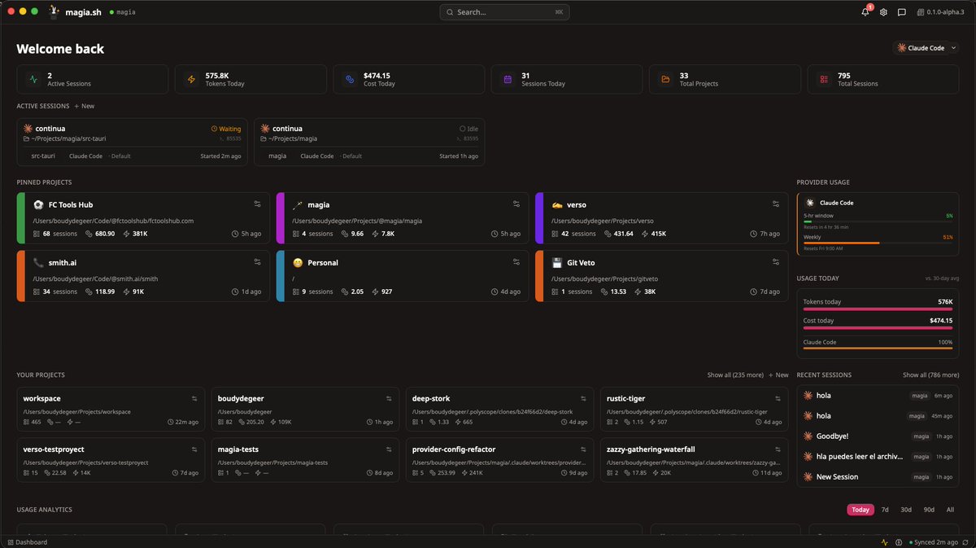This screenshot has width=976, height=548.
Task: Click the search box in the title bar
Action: pos(504,12)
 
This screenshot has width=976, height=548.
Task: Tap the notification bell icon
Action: pos(865,12)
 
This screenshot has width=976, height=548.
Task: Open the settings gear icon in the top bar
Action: pos(883,12)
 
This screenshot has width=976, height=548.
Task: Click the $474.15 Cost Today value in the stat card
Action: pos(377,75)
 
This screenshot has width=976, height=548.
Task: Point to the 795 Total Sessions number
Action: pos(844,75)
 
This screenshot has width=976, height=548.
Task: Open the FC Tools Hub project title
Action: pos(71,205)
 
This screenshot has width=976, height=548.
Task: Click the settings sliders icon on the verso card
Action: pos(775,204)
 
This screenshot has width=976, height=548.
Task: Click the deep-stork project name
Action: pos(431,399)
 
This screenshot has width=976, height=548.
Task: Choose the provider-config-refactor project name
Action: pos(454,449)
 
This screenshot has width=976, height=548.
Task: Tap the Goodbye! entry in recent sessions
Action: pos(833,436)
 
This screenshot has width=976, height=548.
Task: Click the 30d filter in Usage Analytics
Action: pos(906,510)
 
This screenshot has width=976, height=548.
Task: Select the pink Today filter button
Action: pos(861,510)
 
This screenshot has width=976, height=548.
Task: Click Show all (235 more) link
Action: pos(734,375)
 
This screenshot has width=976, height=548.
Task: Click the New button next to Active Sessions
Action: pos(85,107)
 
